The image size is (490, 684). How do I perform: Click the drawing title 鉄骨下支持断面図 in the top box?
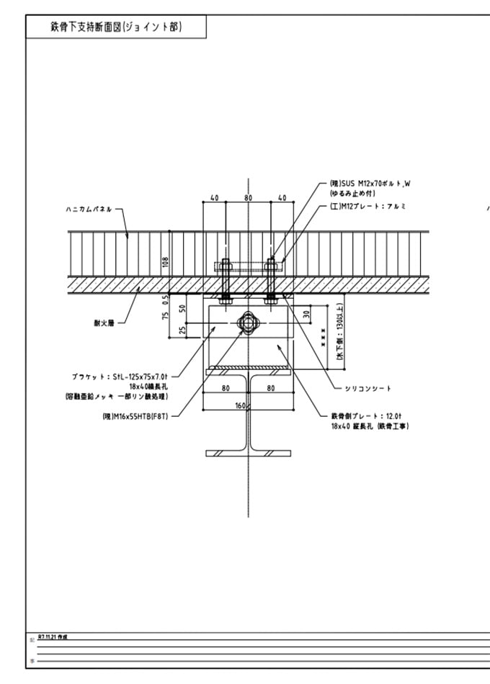[116, 27]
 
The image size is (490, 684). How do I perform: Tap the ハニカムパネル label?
[86, 210]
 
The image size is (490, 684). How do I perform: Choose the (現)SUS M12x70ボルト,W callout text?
[370, 184]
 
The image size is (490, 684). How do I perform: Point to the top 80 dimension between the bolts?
[248, 198]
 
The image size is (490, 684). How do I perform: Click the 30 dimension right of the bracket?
[308, 314]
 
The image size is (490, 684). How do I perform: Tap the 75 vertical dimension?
[165, 315]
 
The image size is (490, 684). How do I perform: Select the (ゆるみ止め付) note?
[352, 194]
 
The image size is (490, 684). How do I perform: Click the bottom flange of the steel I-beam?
[248, 453]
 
